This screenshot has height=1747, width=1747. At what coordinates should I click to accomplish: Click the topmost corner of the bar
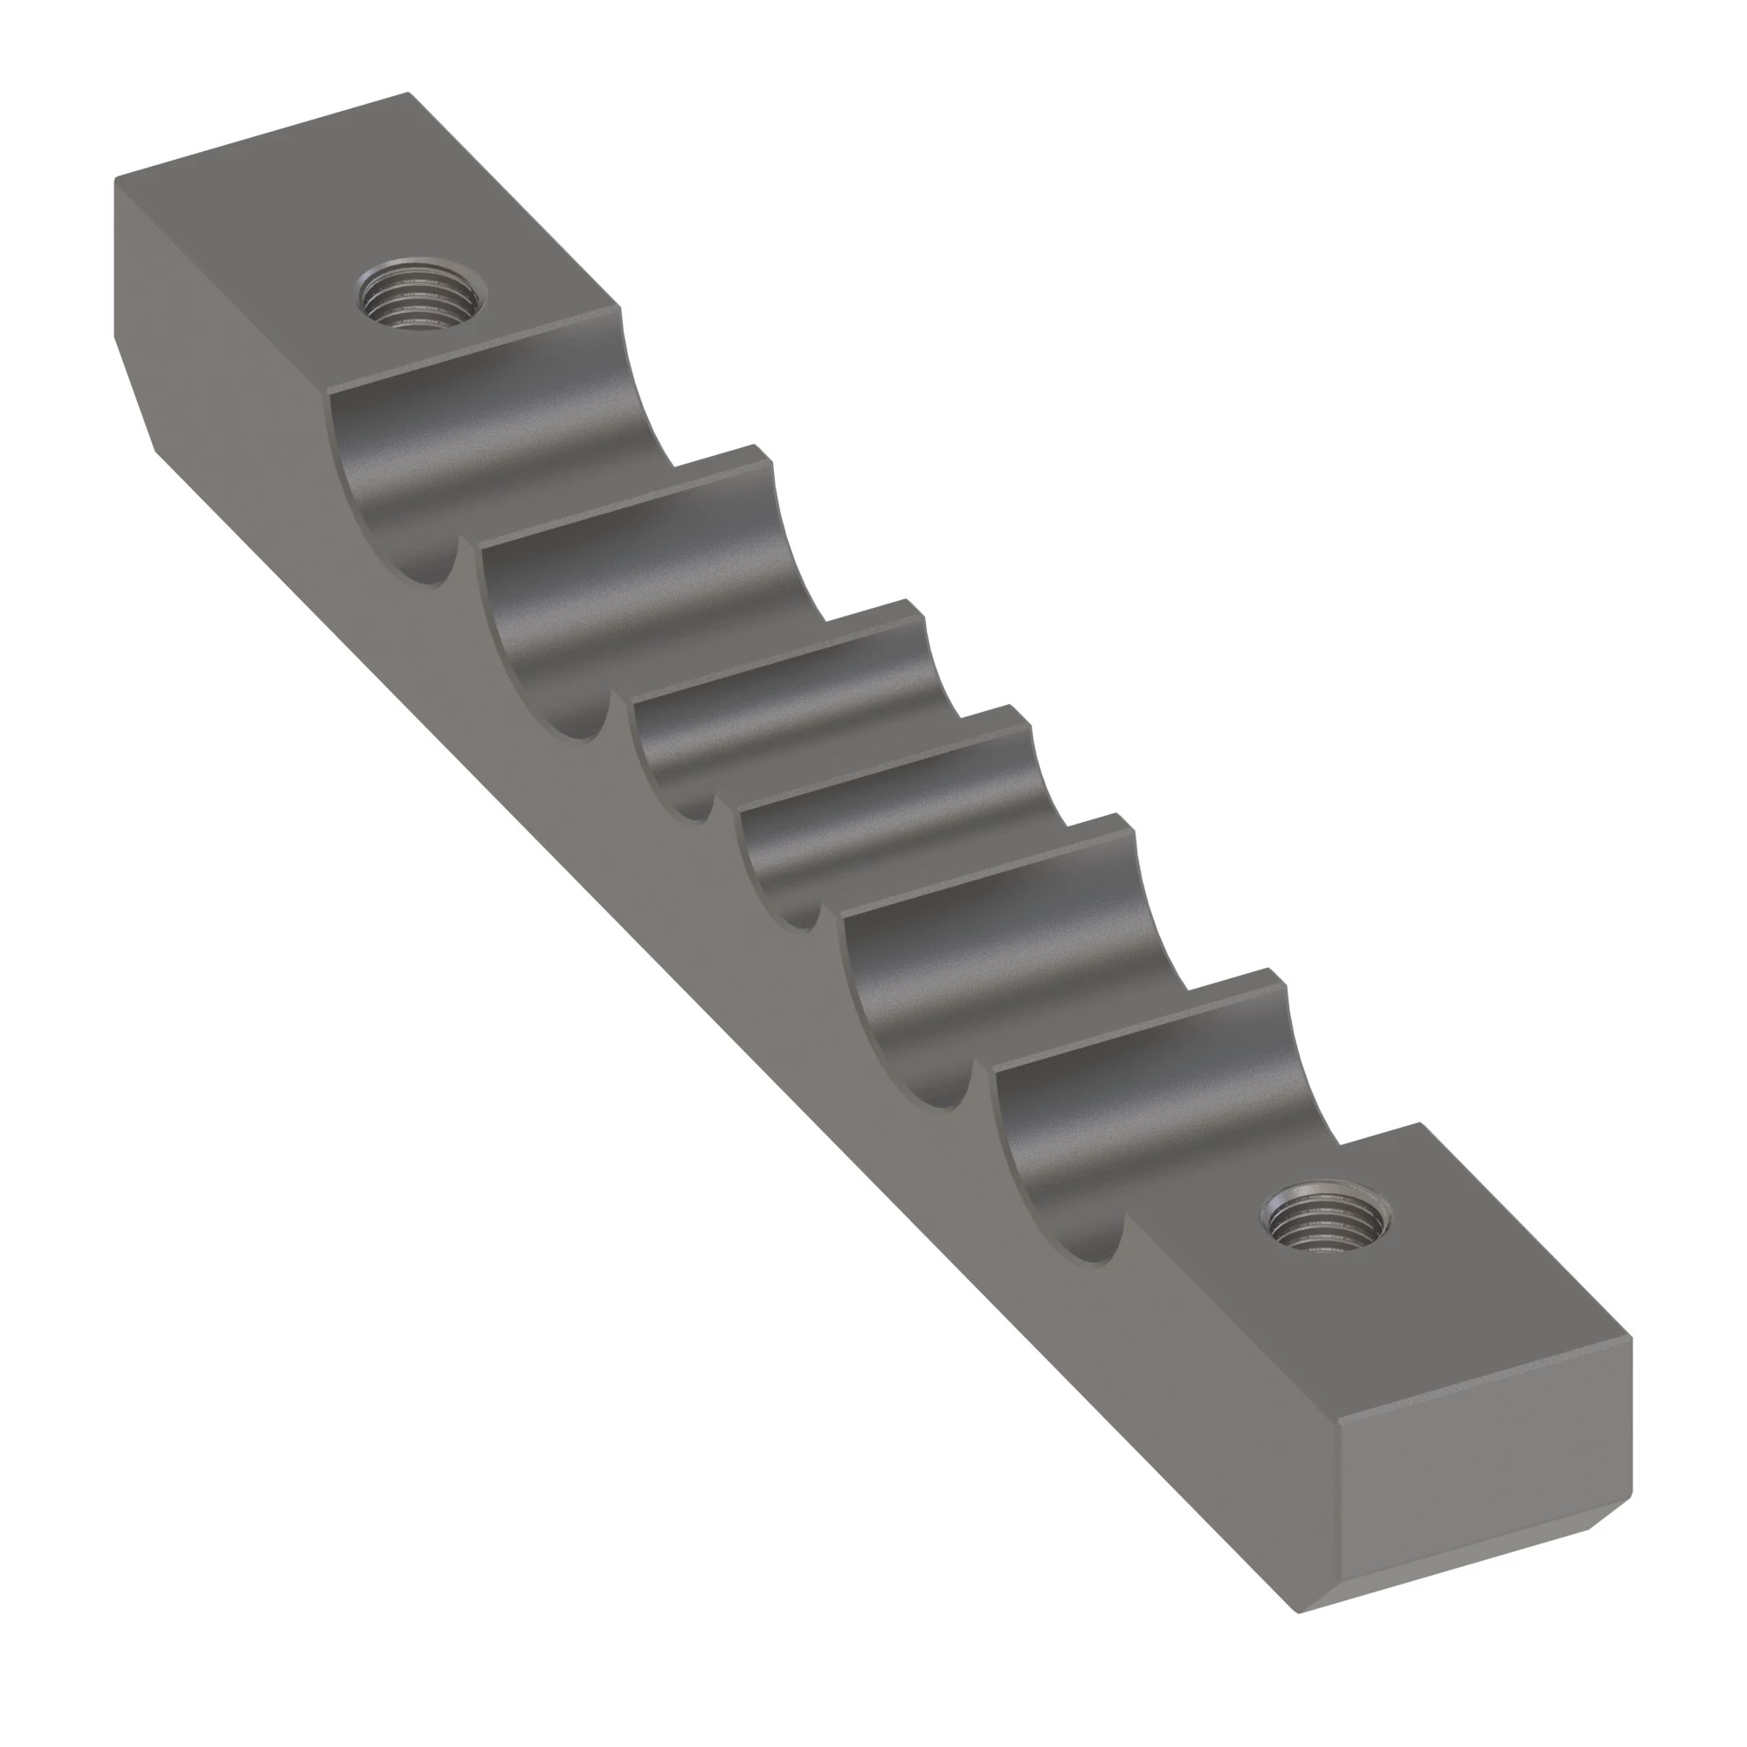coord(407,93)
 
